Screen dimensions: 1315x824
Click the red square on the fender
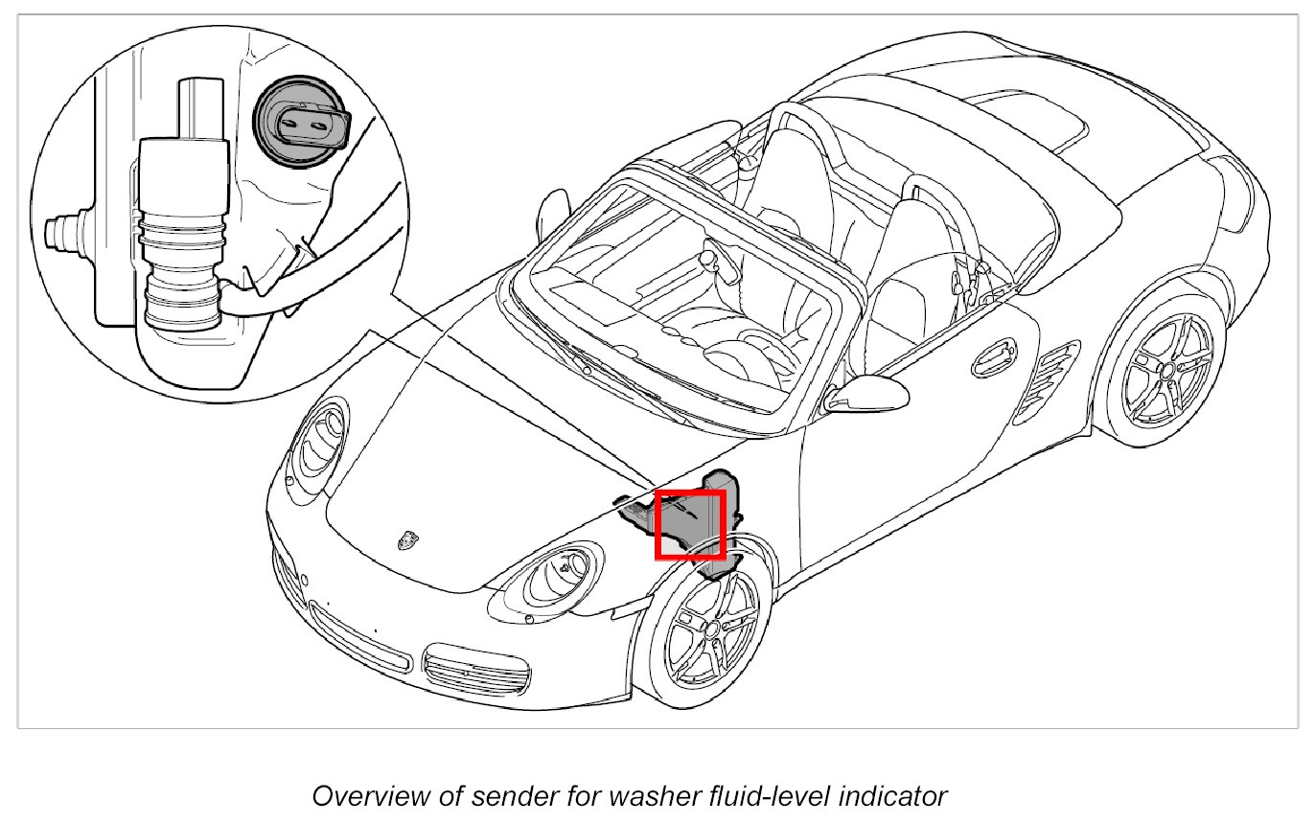(688, 523)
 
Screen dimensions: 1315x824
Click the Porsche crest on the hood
(409, 539)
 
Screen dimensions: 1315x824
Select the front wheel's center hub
(710, 629)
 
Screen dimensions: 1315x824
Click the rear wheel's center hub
(1166, 368)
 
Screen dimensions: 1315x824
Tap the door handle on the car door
(994, 357)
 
